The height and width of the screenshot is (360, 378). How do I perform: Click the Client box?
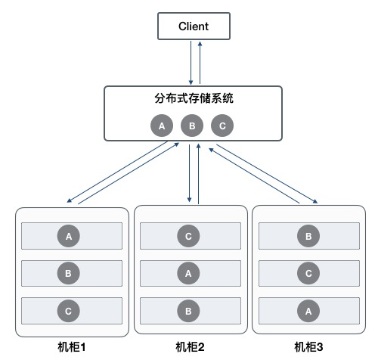coord(193,27)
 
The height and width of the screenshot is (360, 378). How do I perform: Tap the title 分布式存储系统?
coord(193,98)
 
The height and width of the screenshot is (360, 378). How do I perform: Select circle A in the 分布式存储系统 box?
coord(161,126)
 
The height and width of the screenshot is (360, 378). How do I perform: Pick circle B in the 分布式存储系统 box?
coord(192,126)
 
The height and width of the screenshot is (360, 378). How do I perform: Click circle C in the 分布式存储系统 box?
coord(222,126)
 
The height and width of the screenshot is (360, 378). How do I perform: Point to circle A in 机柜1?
coord(70,236)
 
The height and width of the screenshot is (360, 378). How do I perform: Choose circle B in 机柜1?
coord(70,272)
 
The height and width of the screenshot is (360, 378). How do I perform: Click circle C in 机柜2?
coord(188,236)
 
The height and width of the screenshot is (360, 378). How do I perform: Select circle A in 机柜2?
coord(188,272)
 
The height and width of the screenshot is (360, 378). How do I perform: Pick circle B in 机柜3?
coord(308,236)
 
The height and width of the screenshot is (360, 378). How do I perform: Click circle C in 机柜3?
coord(308,272)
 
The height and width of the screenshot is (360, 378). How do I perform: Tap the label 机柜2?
coord(191,347)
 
